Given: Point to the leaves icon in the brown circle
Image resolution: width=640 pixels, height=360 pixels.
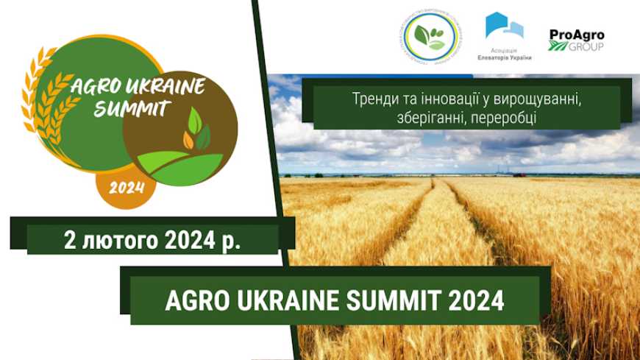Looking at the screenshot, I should point(196,130).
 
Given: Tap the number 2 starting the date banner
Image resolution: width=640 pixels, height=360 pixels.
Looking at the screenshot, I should point(69,240).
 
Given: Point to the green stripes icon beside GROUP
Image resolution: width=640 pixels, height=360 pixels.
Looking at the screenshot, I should point(558,46).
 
